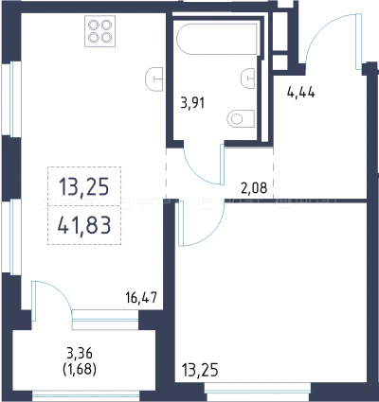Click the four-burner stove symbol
coord(99,31)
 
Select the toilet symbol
coord(241,119)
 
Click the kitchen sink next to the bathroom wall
coord(154,79)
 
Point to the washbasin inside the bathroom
coord(248,79)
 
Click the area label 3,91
coord(192,103)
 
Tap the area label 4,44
coord(300,93)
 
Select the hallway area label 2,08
coord(254,188)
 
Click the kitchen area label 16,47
coord(141,297)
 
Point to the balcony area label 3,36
coord(80,353)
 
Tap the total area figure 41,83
coord(84,225)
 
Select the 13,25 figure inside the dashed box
coord(84,186)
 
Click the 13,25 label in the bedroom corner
coord(200,370)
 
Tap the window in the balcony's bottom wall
coord(86,395)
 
